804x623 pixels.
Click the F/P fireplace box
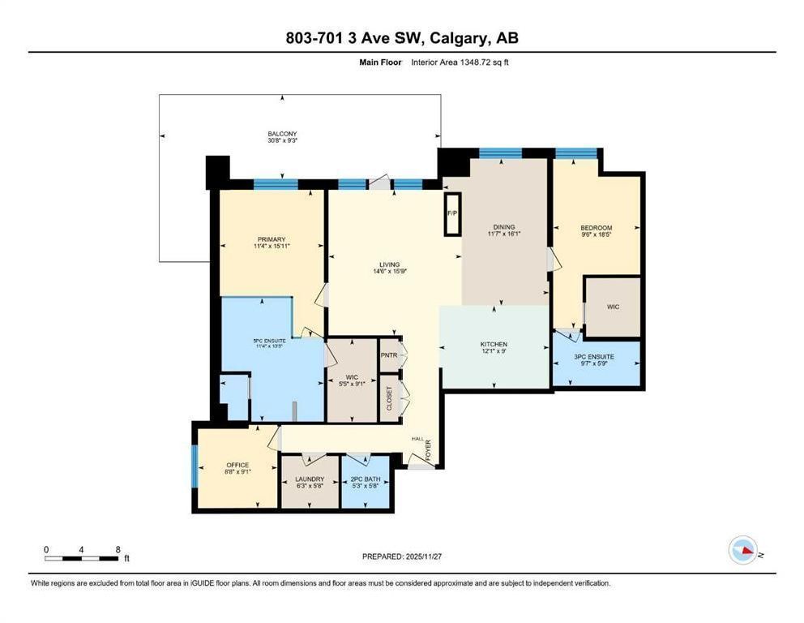click(452, 214)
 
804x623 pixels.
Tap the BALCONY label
click(283, 133)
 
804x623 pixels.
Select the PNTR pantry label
click(389, 354)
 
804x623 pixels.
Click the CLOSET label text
click(389, 398)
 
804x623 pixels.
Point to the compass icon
click(743, 550)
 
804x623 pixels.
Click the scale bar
click(82, 558)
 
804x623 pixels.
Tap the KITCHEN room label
click(494, 344)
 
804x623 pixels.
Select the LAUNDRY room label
click(310, 479)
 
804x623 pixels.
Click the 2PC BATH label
click(365, 479)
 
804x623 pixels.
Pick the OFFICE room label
click(238, 465)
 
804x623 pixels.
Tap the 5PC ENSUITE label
click(270, 341)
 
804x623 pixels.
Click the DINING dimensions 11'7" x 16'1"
click(504, 234)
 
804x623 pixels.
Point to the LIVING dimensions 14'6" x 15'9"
click(390, 272)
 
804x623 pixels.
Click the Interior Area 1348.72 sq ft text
click(460, 62)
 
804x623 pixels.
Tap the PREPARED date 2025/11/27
click(424, 556)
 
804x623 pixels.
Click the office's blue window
click(195, 466)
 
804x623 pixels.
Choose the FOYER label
click(428, 450)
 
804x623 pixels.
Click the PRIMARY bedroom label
click(272, 239)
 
